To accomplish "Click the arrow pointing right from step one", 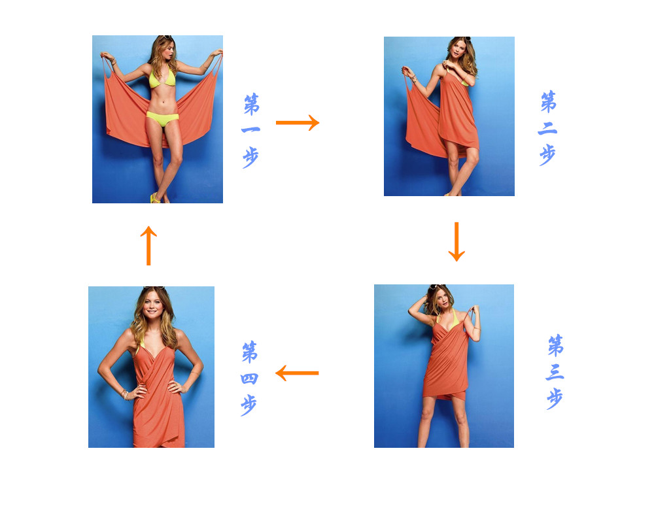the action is click(298, 123).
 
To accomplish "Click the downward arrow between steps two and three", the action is click(456, 241).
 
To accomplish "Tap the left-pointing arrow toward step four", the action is click(297, 373).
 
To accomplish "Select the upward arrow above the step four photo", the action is click(148, 245).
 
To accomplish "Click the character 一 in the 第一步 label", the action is click(250, 129).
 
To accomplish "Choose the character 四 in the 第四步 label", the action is click(249, 379).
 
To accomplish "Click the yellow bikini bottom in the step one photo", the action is click(162, 118).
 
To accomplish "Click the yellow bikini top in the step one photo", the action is click(162, 78).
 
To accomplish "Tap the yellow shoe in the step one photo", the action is click(155, 198).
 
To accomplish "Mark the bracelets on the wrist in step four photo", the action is click(124, 394).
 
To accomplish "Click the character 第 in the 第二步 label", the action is click(548, 102).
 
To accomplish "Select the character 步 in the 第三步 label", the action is click(555, 399).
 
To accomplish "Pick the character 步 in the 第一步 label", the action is click(250, 158).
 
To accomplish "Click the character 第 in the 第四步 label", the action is click(250, 352).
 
